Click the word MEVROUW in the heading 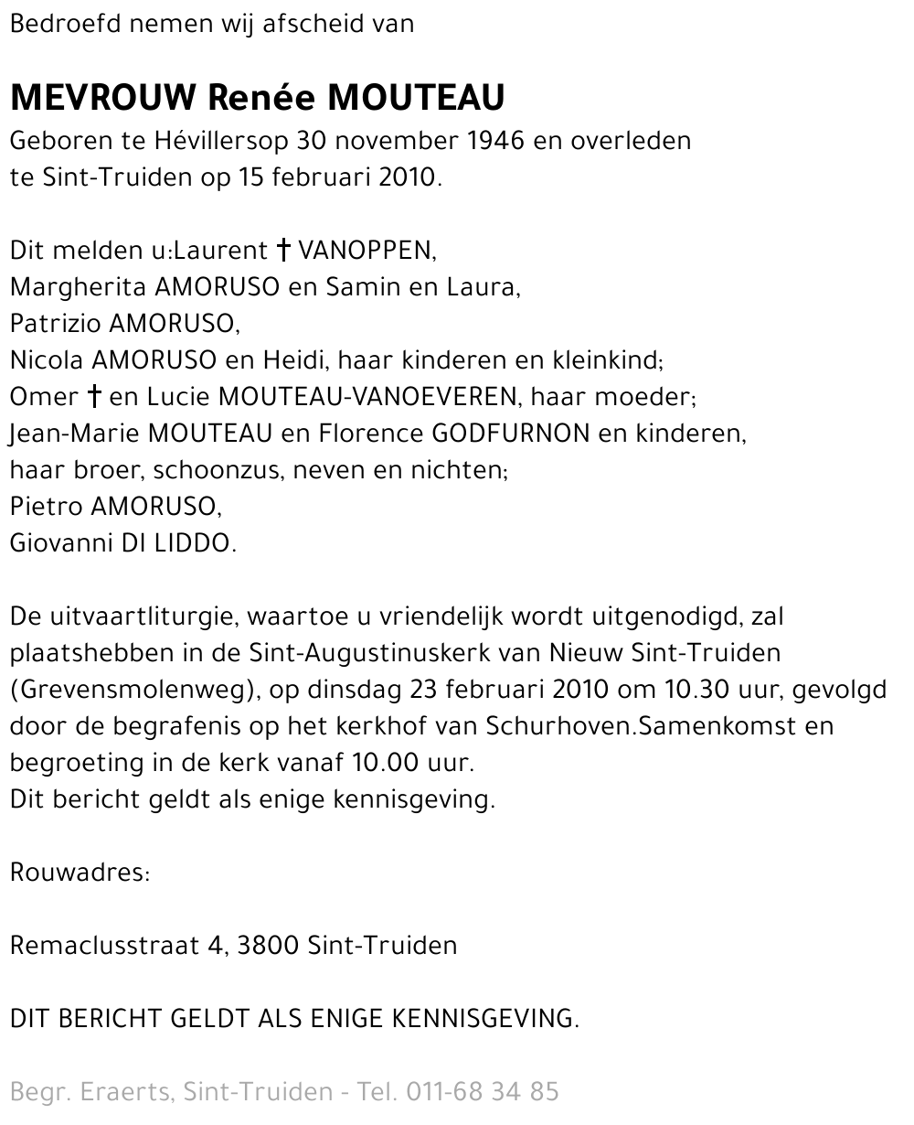coord(104,97)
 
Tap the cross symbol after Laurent coord(283,250)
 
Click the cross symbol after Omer coord(93,396)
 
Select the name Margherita coord(78,287)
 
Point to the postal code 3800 coord(268,945)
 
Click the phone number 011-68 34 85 coord(482,1091)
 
